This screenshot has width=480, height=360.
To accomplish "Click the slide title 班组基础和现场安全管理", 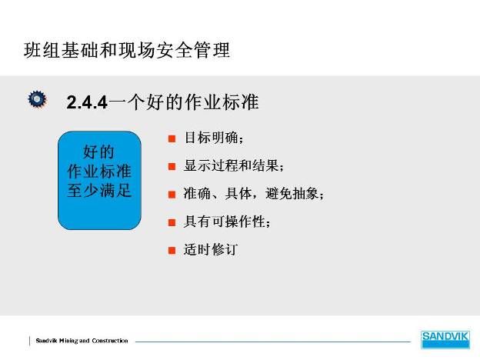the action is click(127, 50).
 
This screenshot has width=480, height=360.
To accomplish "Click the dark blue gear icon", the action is click(38, 99).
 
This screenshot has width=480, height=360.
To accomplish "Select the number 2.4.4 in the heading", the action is click(87, 102).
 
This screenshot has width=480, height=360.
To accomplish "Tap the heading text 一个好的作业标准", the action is click(184, 102).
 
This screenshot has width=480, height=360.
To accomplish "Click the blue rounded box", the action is click(99, 180).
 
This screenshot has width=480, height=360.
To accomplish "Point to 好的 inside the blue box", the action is click(98, 152).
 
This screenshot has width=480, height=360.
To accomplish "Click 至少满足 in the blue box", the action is click(99, 191).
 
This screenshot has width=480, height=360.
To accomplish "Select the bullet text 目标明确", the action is click(212, 138).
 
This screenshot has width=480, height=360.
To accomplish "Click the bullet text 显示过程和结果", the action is click(231, 165).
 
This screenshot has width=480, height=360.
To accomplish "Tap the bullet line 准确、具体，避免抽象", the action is click(252, 194).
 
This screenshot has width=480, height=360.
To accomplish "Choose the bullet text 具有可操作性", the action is click(225, 222).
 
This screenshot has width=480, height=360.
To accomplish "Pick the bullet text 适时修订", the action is click(211, 249).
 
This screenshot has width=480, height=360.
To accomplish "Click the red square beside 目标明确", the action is click(172, 138).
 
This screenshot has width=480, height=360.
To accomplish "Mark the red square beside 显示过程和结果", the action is click(172, 166).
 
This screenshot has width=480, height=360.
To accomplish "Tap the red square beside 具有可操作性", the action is click(172, 222).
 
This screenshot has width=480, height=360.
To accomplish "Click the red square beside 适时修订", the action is click(172, 251).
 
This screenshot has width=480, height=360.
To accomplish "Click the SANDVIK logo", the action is click(445, 339).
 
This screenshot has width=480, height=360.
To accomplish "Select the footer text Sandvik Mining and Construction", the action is click(82, 341).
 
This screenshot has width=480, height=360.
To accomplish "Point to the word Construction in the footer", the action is click(110, 341).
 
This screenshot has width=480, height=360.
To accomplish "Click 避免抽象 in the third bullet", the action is click(292, 194).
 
